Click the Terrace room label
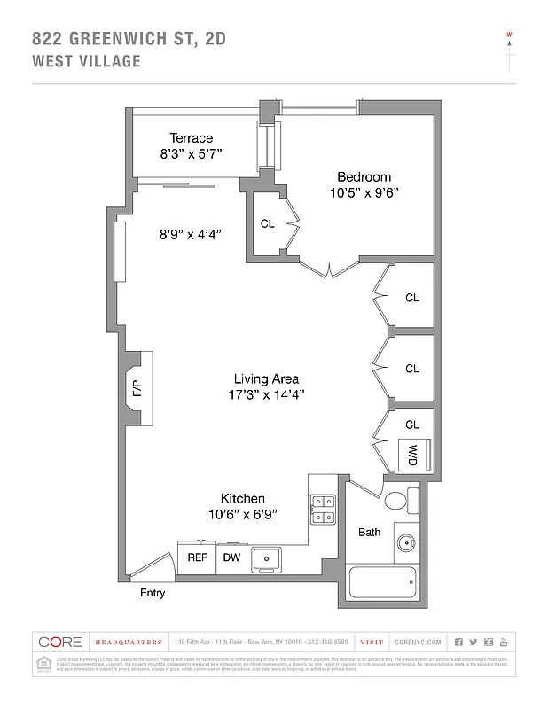[x=192, y=138]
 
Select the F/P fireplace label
[x=137, y=389]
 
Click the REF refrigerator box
[x=197, y=557]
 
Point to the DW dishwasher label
[x=231, y=557]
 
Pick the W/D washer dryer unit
[x=413, y=455]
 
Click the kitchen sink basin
[x=266, y=558]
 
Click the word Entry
[x=153, y=593]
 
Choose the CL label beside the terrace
[x=268, y=224]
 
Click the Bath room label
[x=370, y=533]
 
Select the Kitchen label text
[x=242, y=499]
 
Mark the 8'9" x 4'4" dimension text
[x=190, y=235]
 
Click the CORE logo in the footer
[x=60, y=642]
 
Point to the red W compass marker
[x=509, y=35]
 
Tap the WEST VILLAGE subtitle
[x=86, y=61]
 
